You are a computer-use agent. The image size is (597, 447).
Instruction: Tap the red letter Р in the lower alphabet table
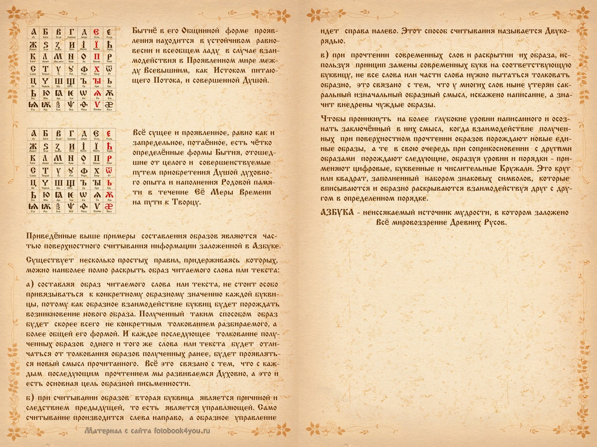click(x=109, y=158)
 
